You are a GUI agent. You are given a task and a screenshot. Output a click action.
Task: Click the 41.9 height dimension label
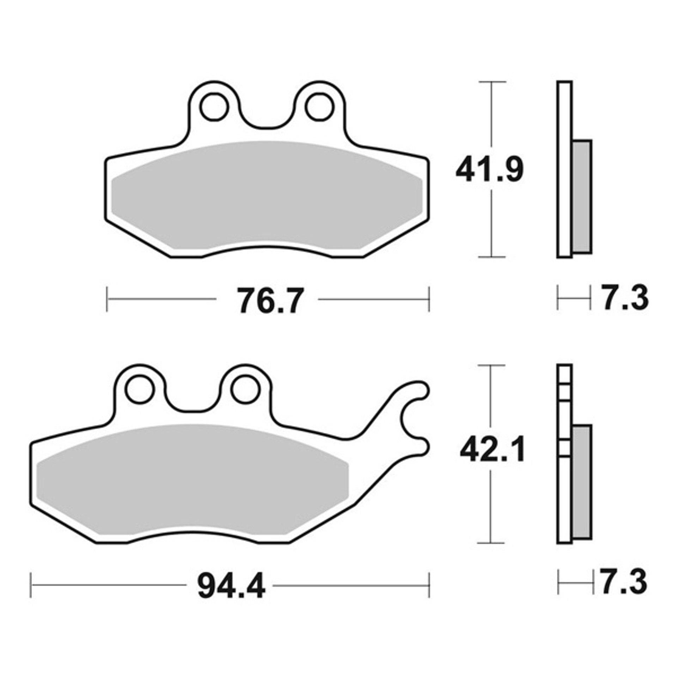point(489,171)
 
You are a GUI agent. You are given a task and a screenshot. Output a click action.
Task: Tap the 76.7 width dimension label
point(269,301)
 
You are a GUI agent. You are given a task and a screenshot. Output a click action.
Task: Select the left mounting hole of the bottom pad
point(140,389)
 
